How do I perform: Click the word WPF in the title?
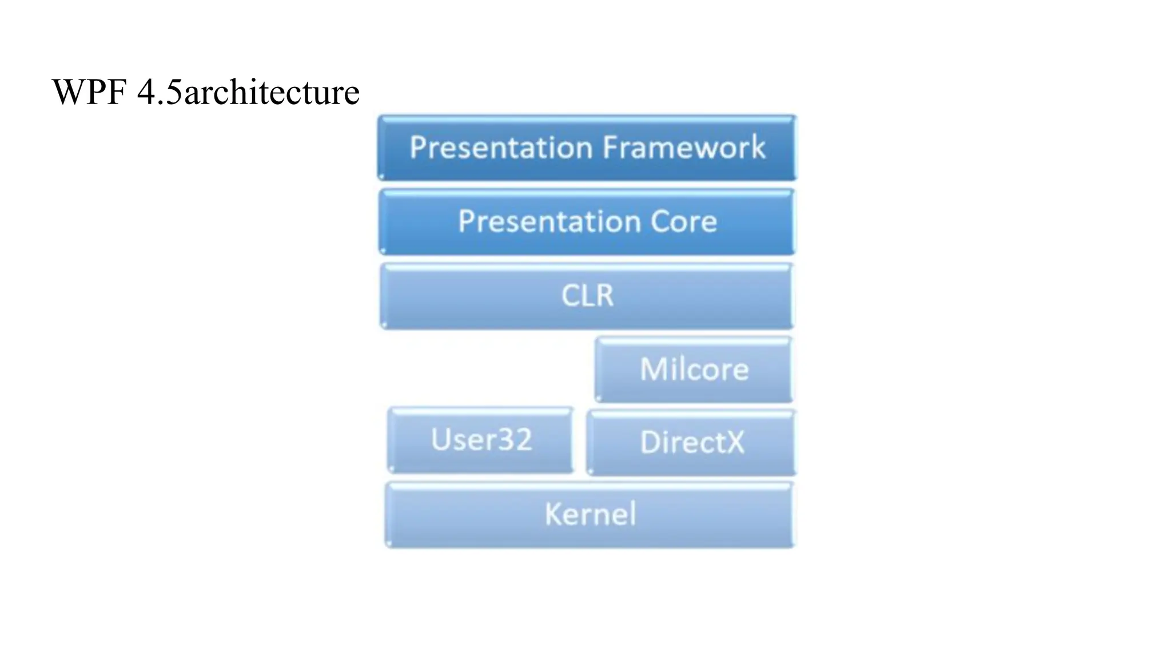tap(89, 92)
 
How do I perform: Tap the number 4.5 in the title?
tap(160, 92)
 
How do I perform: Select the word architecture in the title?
tap(272, 92)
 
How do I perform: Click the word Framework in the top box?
tap(684, 148)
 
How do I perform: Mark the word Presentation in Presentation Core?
tap(549, 221)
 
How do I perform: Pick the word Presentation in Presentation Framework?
tap(501, 148)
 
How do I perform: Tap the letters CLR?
tap(587, 296)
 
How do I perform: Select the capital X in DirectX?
tap(734, 442)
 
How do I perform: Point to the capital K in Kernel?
tap(552, 514)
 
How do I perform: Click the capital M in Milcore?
tap(653, 369)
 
